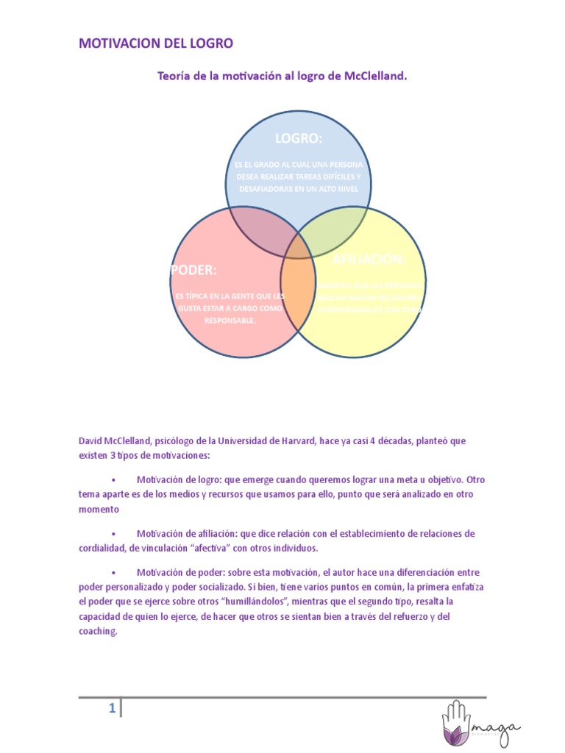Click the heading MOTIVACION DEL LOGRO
156,43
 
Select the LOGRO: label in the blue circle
299,139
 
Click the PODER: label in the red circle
194,271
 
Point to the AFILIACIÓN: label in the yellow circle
369,260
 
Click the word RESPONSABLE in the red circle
230,321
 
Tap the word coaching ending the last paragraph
97,631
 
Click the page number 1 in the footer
111,709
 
